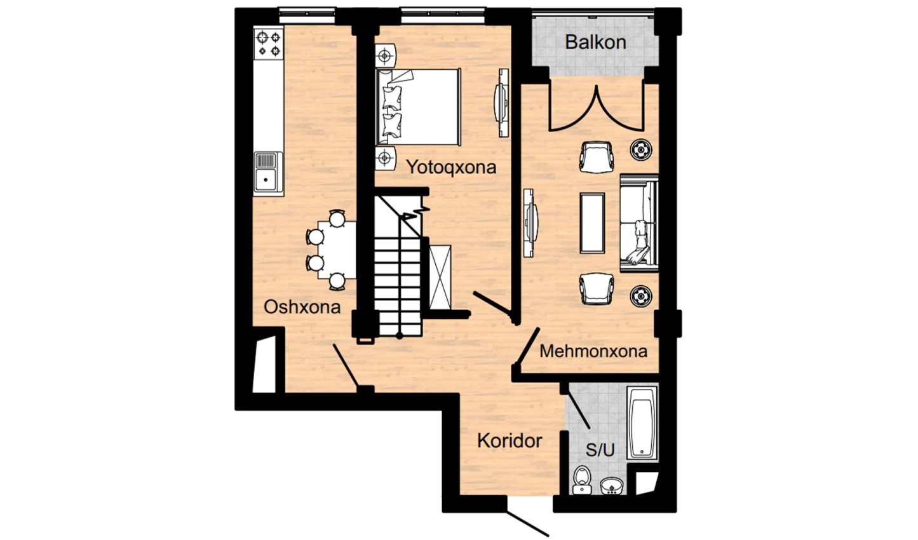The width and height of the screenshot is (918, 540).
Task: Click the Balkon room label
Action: click(x=595, y=42)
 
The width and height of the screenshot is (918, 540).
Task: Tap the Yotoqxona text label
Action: click(x=451, y=167)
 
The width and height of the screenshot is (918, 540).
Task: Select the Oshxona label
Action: click(x=302, y=307)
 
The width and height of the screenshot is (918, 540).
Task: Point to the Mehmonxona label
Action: click(x=593, y=351)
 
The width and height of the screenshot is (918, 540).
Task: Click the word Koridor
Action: click(x=510, y=441)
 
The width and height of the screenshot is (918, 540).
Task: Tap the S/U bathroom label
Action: click(x=600, y=450)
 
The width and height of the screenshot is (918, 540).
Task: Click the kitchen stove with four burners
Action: click(x=269, y=44)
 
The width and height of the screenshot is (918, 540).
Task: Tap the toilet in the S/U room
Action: click(x=582, y=480)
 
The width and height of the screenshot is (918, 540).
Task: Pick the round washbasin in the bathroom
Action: click(x=612, y=487)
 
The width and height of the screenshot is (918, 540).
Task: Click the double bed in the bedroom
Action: click(x=418, y=107)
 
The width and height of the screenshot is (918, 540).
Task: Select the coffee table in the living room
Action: click(x=592, y=223)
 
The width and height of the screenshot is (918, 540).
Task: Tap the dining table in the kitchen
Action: click(x=337, y=250)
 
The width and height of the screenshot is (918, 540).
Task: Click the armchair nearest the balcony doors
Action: click(x=597, y=157)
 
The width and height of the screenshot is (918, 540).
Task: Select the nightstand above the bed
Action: click(x=385, y=55)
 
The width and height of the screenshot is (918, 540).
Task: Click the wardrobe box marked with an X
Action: click(x=440, y=278)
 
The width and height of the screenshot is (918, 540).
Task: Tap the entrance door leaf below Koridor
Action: click(x=528, y=523)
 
